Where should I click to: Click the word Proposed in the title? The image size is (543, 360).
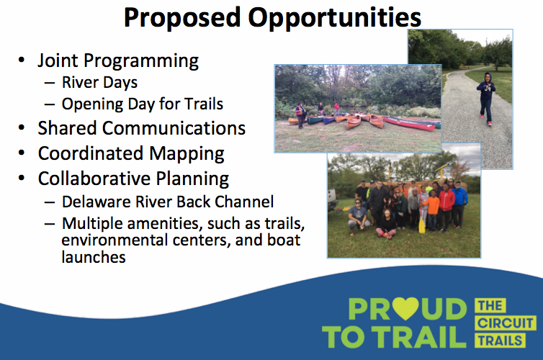pyautogui.click(x=182, y=18)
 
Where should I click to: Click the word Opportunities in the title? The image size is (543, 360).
pyautogui.click(x=335, y=18)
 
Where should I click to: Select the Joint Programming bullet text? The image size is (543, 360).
pyautogui.click(x=118, y=61)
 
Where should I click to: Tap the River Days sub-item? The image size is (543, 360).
pyautogui.click(x=99, y=82)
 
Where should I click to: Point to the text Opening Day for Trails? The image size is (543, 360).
pyautogui.click(x=143, y=104)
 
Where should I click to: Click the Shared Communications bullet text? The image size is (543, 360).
pyautogui.click(x=142, y=128)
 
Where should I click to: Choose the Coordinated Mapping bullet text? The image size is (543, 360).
pyautogui.click(x=131, y=153)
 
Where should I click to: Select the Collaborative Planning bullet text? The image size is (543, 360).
pyautogui.click(x=133, y=179)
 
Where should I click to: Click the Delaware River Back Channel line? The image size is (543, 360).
pyautogui.click(x=168, y=202)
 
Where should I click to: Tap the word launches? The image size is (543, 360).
pyautogui.click(x=94, y=257)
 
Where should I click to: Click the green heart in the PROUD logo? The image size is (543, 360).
pyautogui.click(x=405, y=308)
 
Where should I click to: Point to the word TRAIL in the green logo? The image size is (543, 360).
pyautogui.click(x=421, y=337)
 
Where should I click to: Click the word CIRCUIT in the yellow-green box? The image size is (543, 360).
pyautogui.click(x=506, y=323)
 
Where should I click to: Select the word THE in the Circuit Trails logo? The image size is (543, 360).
pyautogui.click(x=490, y=306)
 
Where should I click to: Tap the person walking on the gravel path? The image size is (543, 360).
pyautogui.click(x=487, y=99)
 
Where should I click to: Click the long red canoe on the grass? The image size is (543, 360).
pyautogui.click(x=409, y=124)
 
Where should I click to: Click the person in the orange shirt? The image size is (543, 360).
pyautogui.click(x=432, y=210)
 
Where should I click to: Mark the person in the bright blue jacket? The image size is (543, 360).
pyautogui.click(x=459, y=204)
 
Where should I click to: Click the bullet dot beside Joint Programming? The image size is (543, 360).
pyautogui.click(x=22, y=60)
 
